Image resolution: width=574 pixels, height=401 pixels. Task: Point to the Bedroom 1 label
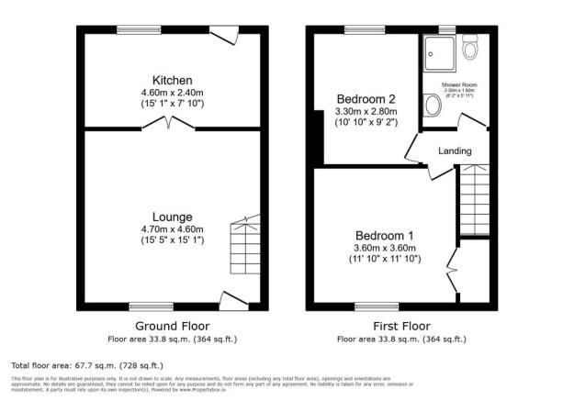tap(386, 234)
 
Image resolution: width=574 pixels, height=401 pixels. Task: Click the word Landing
tap(455, 151)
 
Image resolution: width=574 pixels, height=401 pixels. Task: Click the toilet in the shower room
tap(471, 48)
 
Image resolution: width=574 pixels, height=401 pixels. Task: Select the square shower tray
tap(439, 53)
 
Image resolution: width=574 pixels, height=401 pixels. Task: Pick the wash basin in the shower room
tap(433, 107)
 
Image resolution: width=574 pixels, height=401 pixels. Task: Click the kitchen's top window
tap(137, 29)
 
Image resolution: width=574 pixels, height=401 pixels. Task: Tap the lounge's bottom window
tap(151, 306)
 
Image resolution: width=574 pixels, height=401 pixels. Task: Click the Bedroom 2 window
tap(365, 29)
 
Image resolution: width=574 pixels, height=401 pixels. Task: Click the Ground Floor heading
tap(172, 326)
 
